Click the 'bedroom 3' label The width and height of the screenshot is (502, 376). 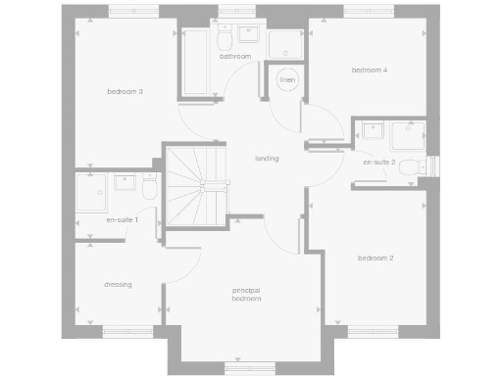125,92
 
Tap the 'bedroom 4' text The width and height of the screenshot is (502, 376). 371,70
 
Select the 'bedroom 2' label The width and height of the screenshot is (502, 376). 376,258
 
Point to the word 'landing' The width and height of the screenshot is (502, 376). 267,158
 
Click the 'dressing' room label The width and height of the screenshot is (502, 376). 118,285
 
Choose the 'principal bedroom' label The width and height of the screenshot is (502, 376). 247,295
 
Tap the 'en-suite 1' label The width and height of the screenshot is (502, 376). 123,220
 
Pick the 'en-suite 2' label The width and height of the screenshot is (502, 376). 379,162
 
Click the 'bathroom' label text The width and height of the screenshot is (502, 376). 235,57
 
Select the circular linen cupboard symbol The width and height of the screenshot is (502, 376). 287,79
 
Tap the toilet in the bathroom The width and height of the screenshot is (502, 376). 225,38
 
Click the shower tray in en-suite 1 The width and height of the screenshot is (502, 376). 94,192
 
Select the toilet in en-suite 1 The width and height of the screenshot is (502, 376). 150,187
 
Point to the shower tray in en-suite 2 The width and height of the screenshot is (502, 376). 407,134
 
